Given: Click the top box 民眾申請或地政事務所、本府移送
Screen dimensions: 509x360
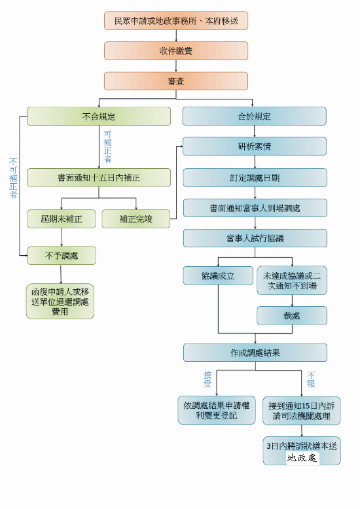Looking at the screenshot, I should click(x=176, y=21).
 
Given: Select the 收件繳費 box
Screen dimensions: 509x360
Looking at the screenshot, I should click(x=176, y=51).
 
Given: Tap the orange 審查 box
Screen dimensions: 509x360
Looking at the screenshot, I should click(x=176, y=81).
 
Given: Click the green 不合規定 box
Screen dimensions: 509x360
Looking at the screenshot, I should click(x=98, y=116).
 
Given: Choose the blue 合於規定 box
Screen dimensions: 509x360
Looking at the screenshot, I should click(x=255, y=116).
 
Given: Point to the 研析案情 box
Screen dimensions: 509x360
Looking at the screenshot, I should click(x=255, y=147).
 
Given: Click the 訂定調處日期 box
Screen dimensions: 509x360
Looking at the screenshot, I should click(x=255, y=177).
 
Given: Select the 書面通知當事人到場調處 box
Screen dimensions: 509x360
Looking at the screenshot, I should click(x=255, y=208).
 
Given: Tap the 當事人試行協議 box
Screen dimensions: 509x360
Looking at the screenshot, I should click(x=255, y=238).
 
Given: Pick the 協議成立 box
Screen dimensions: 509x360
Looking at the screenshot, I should click(x=218, y=275).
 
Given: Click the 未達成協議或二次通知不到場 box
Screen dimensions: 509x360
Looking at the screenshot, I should click(x=292, y=280).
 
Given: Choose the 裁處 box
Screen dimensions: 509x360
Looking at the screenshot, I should click(x=292, y=315).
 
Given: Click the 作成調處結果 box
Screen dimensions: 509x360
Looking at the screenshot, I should click(x=255, y=353).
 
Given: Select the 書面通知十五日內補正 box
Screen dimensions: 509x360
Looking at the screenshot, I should click(x=98, y=177).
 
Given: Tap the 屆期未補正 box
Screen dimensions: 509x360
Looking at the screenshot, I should click(x=62, y=219).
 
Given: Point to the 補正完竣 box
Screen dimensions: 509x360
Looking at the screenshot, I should click(x=135, y=219).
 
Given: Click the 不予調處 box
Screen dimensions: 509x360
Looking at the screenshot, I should click(x=62, y=255).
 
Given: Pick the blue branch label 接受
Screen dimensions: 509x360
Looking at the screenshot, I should click(x=207, y=379).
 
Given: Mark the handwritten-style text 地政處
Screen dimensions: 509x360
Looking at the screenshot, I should click(x=302, y=458).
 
